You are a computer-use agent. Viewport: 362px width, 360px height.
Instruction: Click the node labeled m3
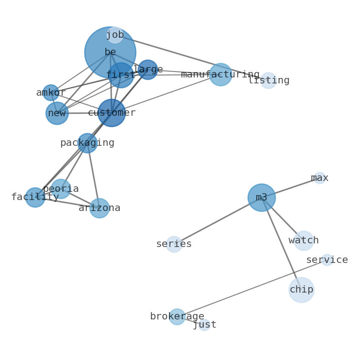click(x=261, y=198)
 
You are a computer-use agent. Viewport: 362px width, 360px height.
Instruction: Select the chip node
click(x=301, y=290)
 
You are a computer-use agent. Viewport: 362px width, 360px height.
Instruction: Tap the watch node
click(x=304, y=241)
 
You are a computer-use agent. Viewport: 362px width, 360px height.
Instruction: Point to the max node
click(x=320, y=178)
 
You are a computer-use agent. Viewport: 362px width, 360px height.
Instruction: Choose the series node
click(x=174, y=244)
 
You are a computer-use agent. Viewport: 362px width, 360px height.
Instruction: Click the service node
click(x=327, y=260)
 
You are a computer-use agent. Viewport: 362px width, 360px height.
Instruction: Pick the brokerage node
click(x=177, y=317)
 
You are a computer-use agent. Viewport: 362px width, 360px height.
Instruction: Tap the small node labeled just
click(x=204, y=325)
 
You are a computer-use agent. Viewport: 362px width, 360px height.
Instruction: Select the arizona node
click(x=99, y=208)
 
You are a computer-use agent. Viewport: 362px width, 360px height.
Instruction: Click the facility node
click(x=35, y=197)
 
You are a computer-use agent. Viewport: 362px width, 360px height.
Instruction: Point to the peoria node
click(x=61, y=189)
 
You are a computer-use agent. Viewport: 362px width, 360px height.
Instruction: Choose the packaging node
click(x=87, y=143)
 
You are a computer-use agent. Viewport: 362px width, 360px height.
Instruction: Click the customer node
click(x=112, y=113)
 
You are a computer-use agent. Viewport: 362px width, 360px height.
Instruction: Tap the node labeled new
click(x=57, y=113)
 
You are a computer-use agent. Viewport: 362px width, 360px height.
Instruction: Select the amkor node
click(x=51, y=93)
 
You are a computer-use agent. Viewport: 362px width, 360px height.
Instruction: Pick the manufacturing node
click(x=221, y=75)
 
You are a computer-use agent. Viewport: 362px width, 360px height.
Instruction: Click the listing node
click(x=269, y=81)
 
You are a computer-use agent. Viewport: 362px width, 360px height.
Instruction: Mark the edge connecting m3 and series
click(x=217, y=221)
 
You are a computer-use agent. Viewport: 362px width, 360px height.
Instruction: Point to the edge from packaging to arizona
click(x=93, y=175)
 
